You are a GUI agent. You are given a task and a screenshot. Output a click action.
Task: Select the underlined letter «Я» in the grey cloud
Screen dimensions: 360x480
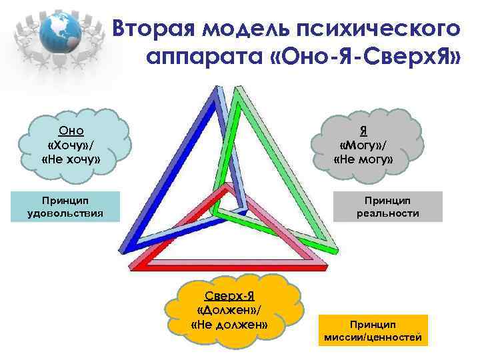(x=364, y=131)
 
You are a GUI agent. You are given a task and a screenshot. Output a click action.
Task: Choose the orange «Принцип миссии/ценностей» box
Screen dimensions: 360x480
(x=373, y=331)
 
